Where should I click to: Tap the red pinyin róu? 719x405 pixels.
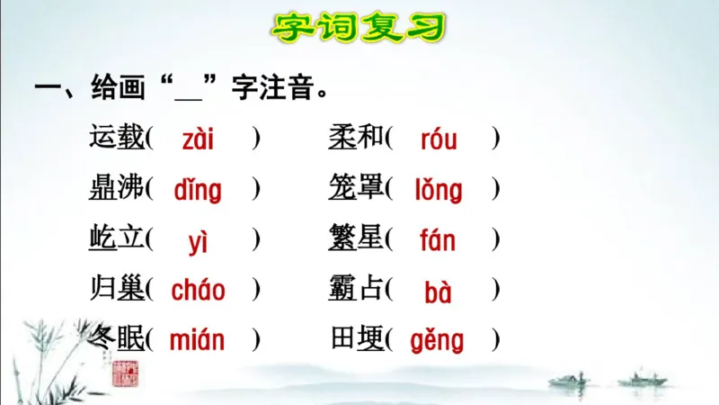point(438,139)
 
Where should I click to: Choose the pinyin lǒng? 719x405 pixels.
point(438,190)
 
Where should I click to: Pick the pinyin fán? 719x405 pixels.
point(438,241)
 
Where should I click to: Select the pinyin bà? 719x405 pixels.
point(438,292)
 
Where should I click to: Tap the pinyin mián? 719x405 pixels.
point(198,340)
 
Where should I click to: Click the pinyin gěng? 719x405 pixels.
point(438,340)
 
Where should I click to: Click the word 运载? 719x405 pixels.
point(117,138)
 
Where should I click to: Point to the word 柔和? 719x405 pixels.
point(357,138)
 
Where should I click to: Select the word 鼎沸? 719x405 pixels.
point(117,188)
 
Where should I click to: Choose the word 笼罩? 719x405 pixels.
point(357,188)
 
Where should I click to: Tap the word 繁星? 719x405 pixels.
point(357,239)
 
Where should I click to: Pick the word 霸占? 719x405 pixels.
point(357,289)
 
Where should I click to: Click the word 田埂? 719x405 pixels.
point(357,338)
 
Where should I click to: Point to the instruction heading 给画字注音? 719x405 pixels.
point(180,89)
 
